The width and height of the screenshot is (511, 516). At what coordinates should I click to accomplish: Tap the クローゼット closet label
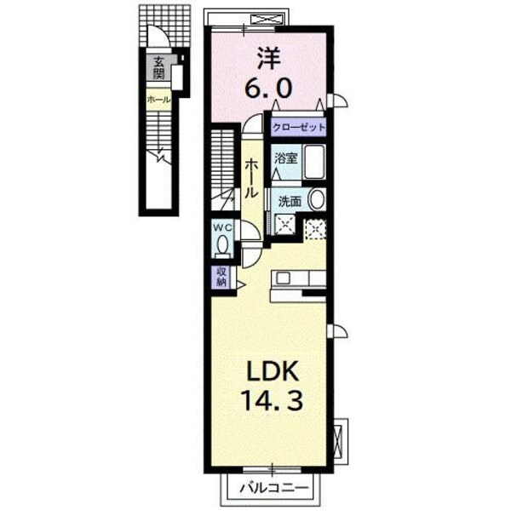pos(300,127)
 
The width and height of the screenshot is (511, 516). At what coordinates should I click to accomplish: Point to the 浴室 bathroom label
pos(286,158)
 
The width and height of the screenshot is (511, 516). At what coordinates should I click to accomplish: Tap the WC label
pos(223,227)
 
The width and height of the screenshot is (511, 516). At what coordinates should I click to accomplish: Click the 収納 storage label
pos(221,277)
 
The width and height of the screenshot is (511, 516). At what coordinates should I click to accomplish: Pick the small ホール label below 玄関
pos(158,100)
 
